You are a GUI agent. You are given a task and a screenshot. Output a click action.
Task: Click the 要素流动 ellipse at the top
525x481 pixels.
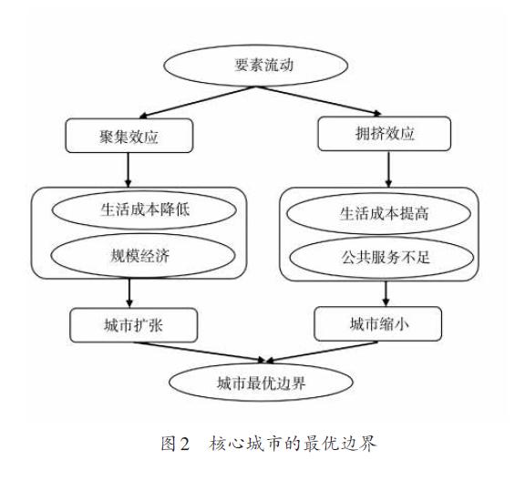click(x=255, y=66)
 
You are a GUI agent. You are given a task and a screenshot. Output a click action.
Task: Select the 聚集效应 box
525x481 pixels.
click(x=129, y=136)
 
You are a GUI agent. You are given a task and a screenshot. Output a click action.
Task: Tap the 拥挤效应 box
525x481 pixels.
click(x=385, y=134)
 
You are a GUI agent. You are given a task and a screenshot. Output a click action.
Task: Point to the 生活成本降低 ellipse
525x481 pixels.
click(x=144, y=210)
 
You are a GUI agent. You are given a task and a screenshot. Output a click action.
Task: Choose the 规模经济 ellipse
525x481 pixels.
click(x=143, y=256)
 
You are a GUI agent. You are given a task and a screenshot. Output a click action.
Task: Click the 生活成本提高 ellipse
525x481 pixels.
click(x=379, y=213)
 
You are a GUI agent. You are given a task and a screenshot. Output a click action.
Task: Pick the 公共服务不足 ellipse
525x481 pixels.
click(x=382, y=258)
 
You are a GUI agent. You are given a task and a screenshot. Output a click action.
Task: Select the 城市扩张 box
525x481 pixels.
click(x=134, y=325)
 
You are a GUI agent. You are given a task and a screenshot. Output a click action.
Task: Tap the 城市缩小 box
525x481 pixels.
click(x=377, y=323)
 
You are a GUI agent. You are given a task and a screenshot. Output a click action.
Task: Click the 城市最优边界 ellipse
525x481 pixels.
click(x=261, y=383)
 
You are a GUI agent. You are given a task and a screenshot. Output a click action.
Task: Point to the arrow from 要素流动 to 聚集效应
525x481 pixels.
click(x=198, y=102)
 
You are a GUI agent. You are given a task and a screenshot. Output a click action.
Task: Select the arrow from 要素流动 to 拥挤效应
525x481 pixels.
click(x=319, y=100)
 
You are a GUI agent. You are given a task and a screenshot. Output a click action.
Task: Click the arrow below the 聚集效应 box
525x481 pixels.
click(x=128, y=169)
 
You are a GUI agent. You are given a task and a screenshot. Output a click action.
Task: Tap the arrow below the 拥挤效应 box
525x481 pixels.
click(x=388, y=169)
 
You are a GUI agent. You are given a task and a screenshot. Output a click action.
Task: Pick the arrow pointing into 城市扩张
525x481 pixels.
click(x=129, y=293)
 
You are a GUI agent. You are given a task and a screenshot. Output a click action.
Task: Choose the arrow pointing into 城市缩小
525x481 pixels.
click(x=386, y=293)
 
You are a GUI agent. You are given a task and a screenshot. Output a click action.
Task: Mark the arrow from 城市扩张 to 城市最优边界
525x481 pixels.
click(x=200, y=352)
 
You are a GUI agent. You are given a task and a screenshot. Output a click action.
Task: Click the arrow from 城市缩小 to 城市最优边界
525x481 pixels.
click(x=322, y=352)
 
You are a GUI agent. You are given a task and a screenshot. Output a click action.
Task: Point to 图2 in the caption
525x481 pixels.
click(x=175, y=444)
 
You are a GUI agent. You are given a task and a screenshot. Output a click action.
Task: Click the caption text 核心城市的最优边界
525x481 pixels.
click(x=293, y=444)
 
